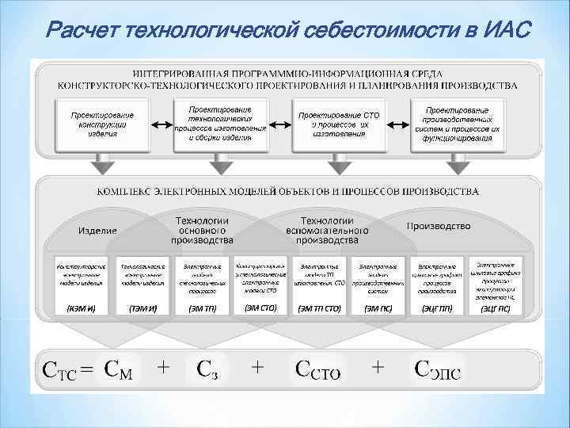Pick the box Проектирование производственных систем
point(457,123)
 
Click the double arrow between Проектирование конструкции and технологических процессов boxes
point(161,124)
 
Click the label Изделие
point(97,230)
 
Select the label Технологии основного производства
point(202,229)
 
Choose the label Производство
point(438,226)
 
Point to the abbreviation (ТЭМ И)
point(142,308)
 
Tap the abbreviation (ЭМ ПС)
point(378,308)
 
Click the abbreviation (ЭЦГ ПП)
point(437,308)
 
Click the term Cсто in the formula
point(317,369)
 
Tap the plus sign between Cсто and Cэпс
point(378,366)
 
